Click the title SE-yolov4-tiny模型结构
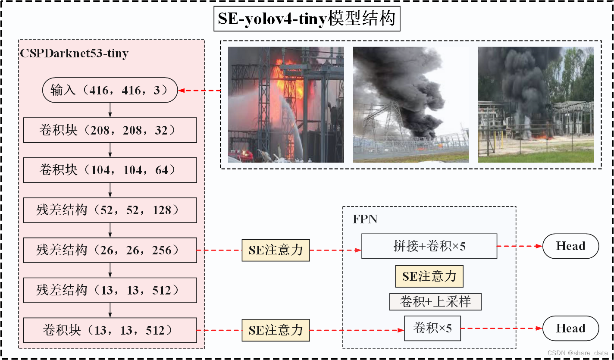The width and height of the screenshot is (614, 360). pos(307,19)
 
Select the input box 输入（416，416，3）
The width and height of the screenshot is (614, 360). pos(110,90)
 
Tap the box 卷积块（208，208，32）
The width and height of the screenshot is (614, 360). pos(110,130)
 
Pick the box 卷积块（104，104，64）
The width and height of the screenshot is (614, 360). pos(110,170)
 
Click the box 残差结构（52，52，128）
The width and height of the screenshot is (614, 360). pos(110,210)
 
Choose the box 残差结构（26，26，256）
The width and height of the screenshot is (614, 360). pos(110,250)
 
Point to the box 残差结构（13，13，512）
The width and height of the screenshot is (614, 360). pos(110,290)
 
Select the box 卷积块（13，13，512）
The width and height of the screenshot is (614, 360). pos(110,330)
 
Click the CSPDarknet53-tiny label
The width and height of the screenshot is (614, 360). pos(74,54)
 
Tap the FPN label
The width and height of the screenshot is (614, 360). pos(365,219)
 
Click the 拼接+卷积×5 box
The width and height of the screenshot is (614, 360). pos(429,246)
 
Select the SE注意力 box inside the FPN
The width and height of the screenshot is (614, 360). pos(429,276)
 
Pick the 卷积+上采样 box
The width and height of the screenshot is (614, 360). pos(435,302)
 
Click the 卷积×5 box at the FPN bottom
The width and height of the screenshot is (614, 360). pos(432,329)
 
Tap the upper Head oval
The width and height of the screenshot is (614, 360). pos(570,246)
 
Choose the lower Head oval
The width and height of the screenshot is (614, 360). pos(570,329)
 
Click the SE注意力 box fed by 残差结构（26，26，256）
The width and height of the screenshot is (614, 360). pos(276,250)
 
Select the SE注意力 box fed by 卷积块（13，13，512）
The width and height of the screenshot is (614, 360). pos(276,330)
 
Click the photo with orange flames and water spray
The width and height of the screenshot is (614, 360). pos(286,105)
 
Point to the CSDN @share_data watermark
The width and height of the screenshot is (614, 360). pos(578,353)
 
